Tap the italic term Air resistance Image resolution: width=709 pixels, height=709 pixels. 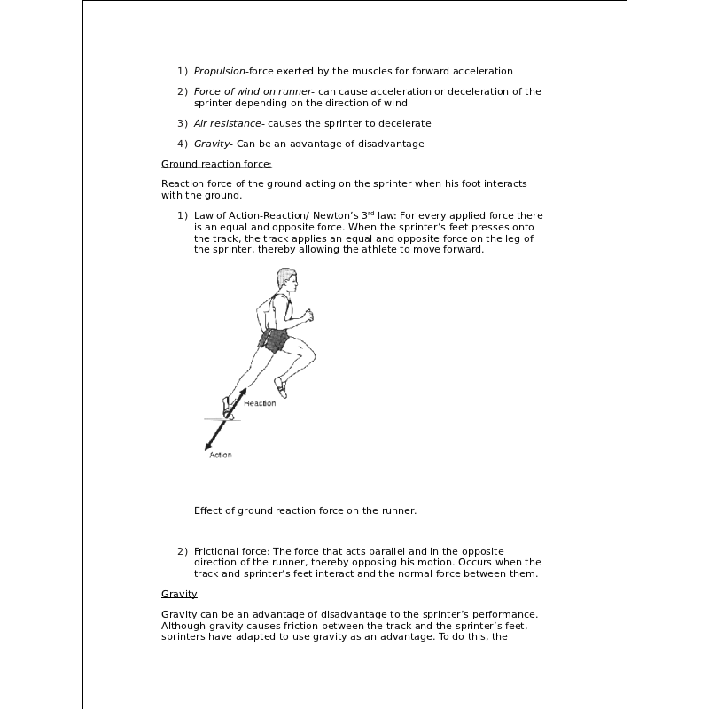pos(227,123)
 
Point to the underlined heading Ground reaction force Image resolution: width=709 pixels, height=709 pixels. pos(216,164)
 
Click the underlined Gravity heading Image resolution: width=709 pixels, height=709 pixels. pos(179,594)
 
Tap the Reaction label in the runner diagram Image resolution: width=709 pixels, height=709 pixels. pos(260,403)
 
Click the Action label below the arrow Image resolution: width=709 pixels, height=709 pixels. pos(221,455)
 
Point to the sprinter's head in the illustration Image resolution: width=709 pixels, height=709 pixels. pos(285,280)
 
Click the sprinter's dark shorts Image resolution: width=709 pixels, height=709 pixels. pos(277,339)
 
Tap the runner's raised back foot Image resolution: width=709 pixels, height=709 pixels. pos(280,386)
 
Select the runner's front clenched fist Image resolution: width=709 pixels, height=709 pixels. pos(308,315)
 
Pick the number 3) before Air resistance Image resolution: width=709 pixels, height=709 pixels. pos(182,123)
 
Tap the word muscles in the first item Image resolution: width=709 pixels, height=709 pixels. pos(364,71)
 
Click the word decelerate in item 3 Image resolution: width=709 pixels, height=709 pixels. pos(405,123)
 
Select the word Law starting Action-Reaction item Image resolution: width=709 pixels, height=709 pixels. pos(204,216)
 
